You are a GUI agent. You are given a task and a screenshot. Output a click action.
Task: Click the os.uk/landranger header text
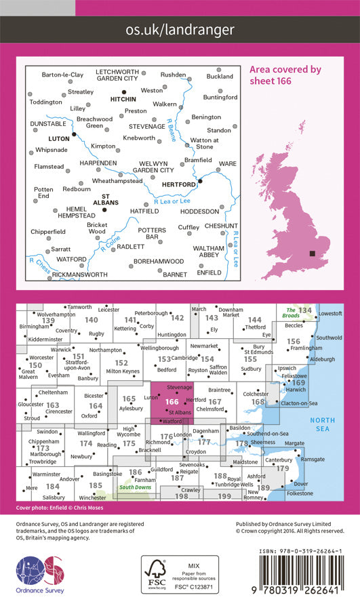[x=180, y=30]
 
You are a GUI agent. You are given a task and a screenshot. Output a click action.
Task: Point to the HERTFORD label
[x=179, y=184]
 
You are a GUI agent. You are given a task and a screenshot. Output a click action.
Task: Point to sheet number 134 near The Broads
[x=305, y=310]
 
